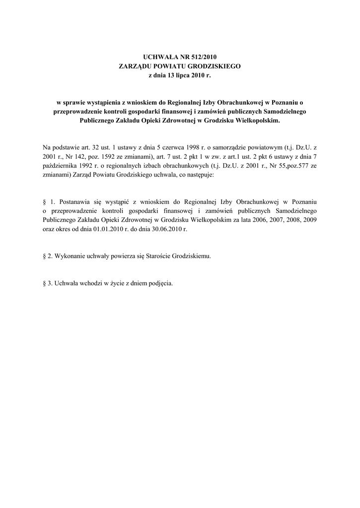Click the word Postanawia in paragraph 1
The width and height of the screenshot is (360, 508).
(75, 202)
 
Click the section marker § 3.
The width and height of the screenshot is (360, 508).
(47, 284)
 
